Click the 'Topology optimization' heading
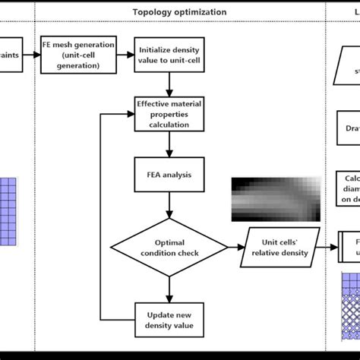point(179,12)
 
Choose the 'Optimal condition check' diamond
point(169,248)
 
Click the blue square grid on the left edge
point(7,210)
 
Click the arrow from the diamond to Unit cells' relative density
point(236,248)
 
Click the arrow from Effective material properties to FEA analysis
point(169,145)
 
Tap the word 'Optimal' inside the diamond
point(169,242)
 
